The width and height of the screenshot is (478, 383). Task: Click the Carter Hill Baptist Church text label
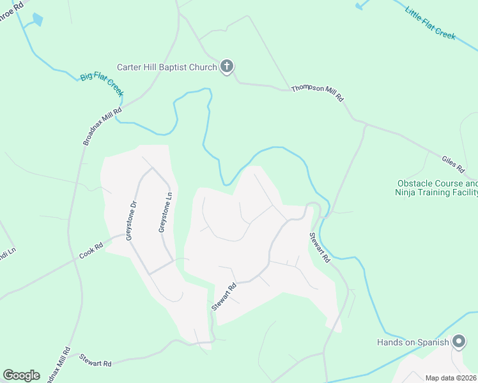[x=167, y=67]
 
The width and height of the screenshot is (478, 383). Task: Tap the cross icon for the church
[x=227, y=66]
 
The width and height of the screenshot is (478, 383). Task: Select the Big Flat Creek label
[x=102, y=85]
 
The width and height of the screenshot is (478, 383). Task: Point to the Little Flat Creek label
[x=429, y=22]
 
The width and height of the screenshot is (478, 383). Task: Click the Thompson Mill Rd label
[x=318, y=94]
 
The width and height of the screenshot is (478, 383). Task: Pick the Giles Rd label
[x=453, y=164]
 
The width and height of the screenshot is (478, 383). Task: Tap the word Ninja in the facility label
[x=407, y=191]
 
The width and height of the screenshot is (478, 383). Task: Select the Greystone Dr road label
[x=131, y=221]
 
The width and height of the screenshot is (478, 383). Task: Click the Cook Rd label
[x=91, y=250]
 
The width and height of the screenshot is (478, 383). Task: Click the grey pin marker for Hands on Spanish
[x=459, y=342]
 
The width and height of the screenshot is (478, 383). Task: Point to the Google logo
[x=21, y=375]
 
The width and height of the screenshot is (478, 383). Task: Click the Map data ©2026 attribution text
[x=451, y=378]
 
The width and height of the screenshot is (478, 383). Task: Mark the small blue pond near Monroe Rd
[x=36, y=20]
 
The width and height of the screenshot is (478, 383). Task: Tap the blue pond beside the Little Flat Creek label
[x=362, y=4]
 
